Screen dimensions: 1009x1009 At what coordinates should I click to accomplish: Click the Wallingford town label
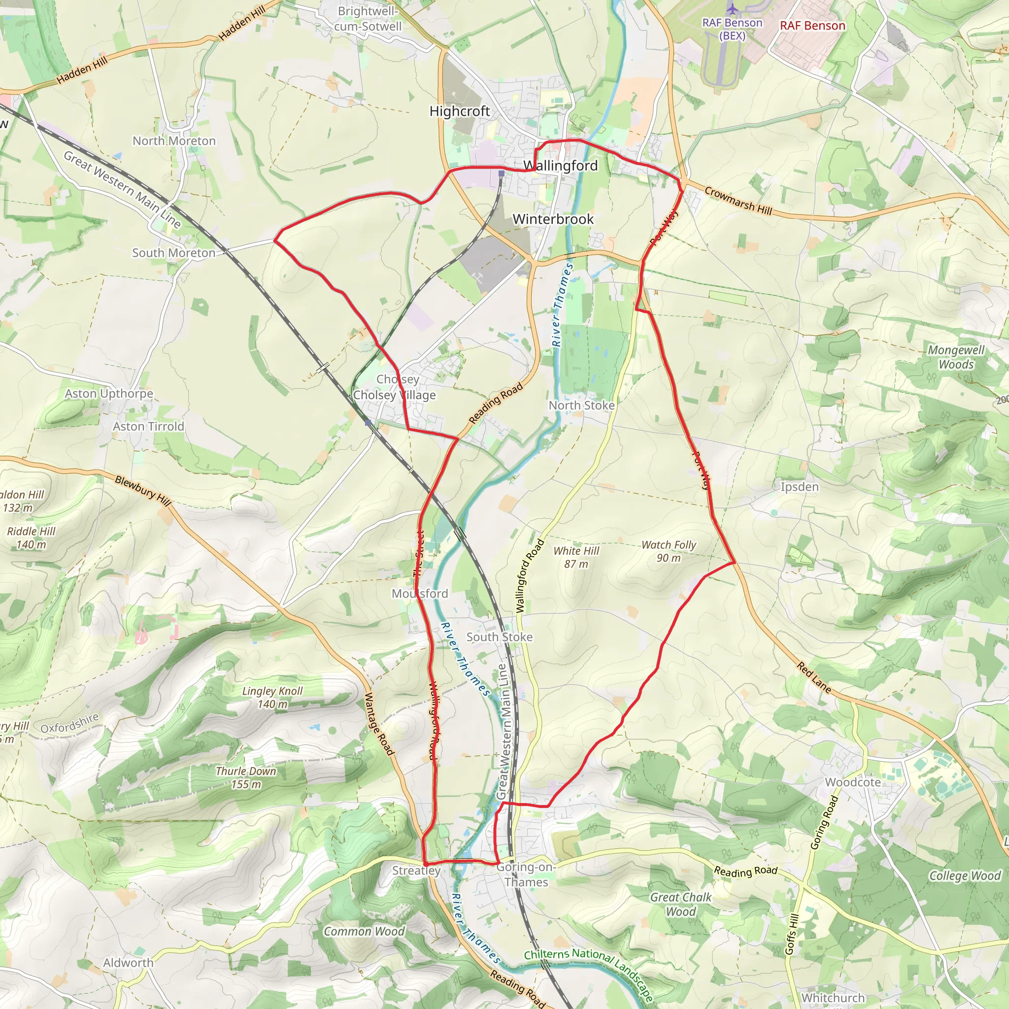click(x=560, y=166)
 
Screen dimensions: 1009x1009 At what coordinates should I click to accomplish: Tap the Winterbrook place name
click(x=553, y=219)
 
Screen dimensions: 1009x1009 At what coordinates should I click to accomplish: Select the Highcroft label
click(x=460, y=111)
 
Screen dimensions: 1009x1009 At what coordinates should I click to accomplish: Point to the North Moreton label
click(x=174, y=141)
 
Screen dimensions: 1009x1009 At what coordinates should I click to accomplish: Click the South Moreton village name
click(x=173, y=253)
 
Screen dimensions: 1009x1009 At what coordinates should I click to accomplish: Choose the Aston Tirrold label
click(x=148, y=427)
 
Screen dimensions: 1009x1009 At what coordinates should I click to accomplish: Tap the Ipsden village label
click(x=800, y=487)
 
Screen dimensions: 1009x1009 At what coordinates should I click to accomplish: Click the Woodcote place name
click(x=853, y=782)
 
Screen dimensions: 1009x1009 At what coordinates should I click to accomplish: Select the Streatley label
click(x=416, y=870)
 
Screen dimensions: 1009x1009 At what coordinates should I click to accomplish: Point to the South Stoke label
click(x=499, y=637)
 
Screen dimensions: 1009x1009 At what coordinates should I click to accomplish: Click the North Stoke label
click(x=581, y=405)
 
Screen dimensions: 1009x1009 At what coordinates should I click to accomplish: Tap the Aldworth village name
click(x=129, y=963)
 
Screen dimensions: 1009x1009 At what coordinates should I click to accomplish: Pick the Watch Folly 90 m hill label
click(x=669, y=551)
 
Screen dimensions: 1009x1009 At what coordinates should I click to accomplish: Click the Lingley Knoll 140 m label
click(x=272, y=697)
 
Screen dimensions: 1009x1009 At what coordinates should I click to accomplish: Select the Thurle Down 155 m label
click(x=246, y=777)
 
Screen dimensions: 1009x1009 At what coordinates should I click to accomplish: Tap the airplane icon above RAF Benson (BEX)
click(x=733, y=9)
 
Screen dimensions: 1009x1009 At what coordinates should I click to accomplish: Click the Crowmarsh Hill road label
click(x=738, y=201)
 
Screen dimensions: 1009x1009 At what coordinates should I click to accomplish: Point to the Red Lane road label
click(x=814, y=677)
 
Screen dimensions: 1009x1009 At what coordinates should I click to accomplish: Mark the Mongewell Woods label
click(x=956, y=357)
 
